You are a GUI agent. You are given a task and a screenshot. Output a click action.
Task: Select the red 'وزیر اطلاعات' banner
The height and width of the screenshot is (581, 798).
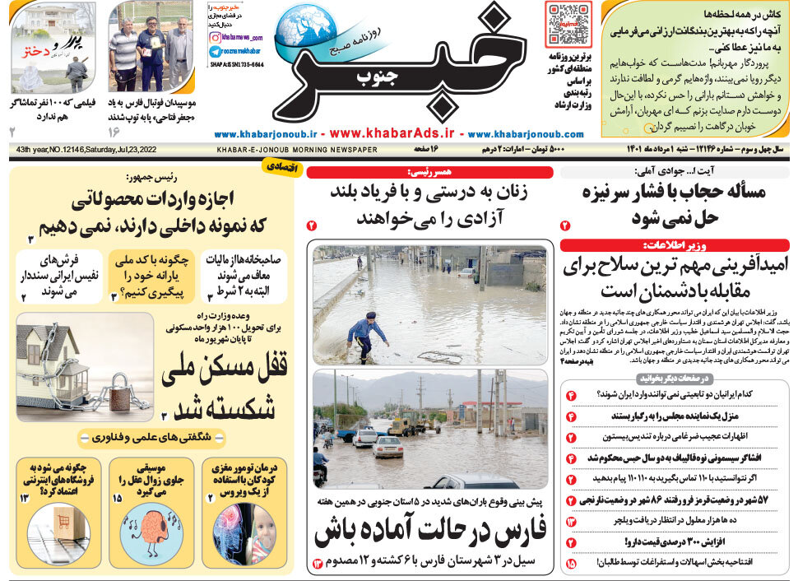[674, 245]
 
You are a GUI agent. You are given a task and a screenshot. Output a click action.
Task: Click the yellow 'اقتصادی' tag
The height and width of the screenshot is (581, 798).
[278, 165]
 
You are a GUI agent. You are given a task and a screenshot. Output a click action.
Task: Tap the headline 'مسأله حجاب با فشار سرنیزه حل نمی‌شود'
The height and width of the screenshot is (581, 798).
[674, 205]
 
